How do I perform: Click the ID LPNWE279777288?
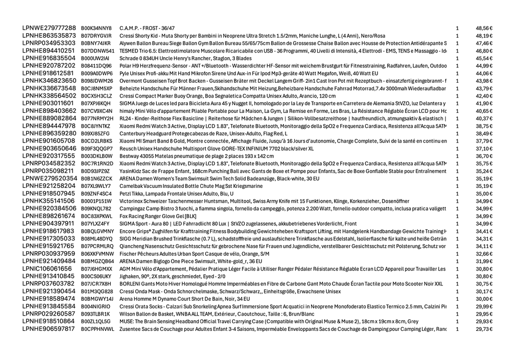[49, 28]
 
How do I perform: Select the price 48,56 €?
[484, 28]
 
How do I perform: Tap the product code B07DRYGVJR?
[96, 36]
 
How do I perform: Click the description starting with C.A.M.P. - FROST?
[147, 28]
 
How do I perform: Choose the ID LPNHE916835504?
[49, 58]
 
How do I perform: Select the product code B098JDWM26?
[97, 81]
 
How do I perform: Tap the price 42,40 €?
[484, 95]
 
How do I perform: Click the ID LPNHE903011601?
[49, 103]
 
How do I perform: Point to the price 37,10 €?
[484, 149]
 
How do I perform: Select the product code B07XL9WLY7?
[96, 186]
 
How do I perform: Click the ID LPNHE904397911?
[49, 224]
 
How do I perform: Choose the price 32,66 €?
[484, 254]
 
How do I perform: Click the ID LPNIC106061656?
[47, 269]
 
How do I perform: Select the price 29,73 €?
[484, 329]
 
